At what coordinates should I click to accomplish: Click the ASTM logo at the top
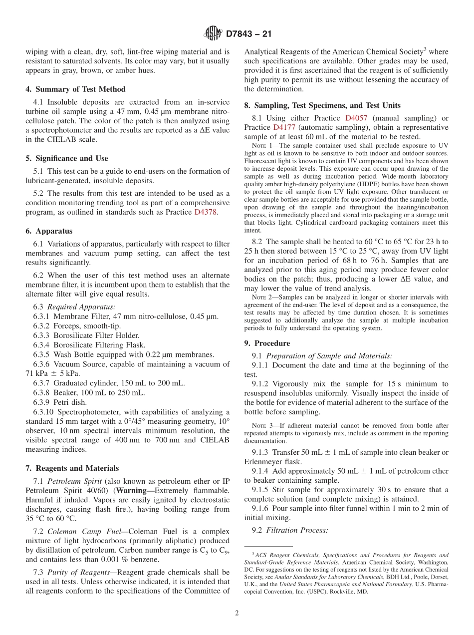click(x=213, y=34)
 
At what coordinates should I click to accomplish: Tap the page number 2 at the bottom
click(x=237, y=613)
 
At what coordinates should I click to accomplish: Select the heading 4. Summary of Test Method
click(x=75, y=89)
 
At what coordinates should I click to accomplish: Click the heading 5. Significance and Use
click(x=67, y=158)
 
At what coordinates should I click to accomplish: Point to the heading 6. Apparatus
click(x=49, y=231)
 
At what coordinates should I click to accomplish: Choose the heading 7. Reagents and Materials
click(x=72, y=468)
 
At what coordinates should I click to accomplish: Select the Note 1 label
click(x=260, y=145)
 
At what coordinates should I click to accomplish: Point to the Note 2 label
click(x=260, y=297)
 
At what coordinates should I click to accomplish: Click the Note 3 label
click(x=260, y=426)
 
